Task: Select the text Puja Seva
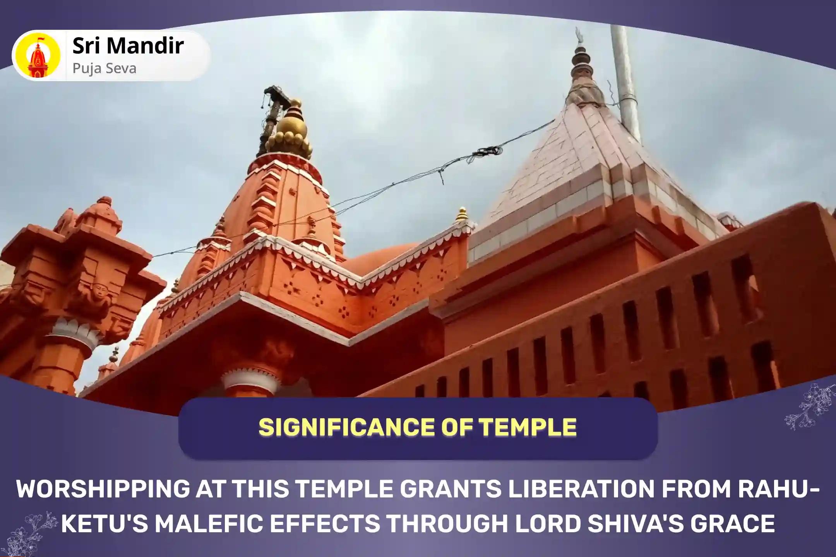(x=104, y=68)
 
